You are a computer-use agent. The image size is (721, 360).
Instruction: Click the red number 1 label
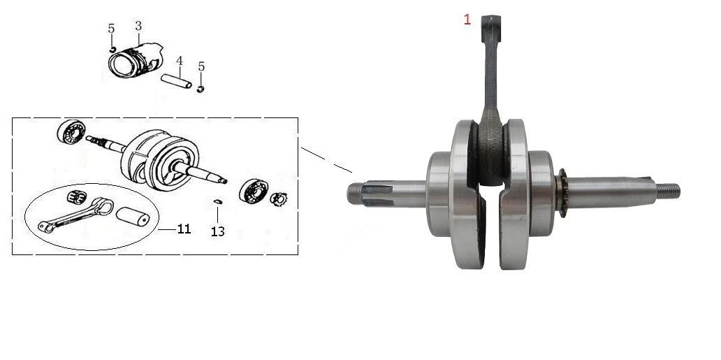pos(467,20)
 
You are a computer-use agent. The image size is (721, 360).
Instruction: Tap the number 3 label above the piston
pos(138,26)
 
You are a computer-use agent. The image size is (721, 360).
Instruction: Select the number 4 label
pos(180,61)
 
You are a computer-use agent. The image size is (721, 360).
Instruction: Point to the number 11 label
pos(184,229)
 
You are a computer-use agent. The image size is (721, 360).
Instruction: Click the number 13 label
pos(218,231)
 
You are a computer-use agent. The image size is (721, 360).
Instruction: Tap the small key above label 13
pos(218,201)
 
